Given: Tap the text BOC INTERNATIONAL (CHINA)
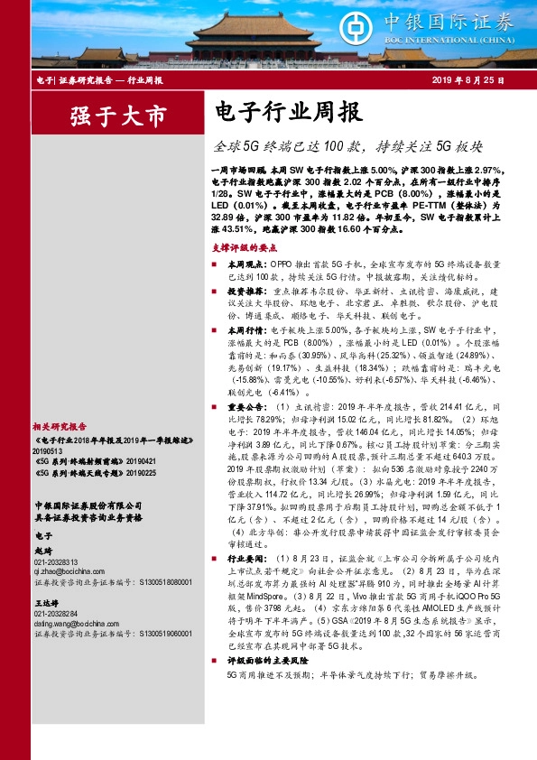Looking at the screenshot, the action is click(x=449, y=39).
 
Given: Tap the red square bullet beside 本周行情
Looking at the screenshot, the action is click(x=215, y=330).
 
